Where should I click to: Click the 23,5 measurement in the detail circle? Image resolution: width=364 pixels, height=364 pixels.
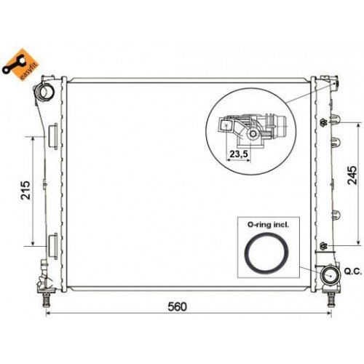coord(238,154)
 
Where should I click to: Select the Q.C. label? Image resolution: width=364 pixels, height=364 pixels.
coord(352,272)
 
